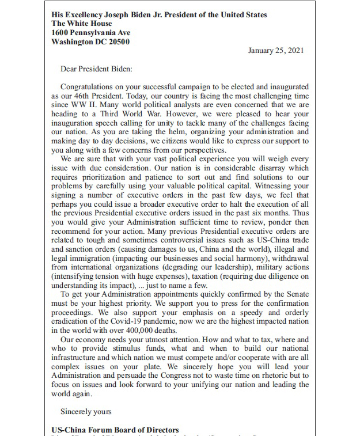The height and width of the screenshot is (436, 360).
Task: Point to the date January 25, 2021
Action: pos(275,51)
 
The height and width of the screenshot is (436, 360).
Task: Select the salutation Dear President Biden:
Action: pos(96,69)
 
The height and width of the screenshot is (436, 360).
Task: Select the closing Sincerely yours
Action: pos(86,412)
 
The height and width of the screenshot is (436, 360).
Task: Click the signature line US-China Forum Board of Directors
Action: pos(115,430)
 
